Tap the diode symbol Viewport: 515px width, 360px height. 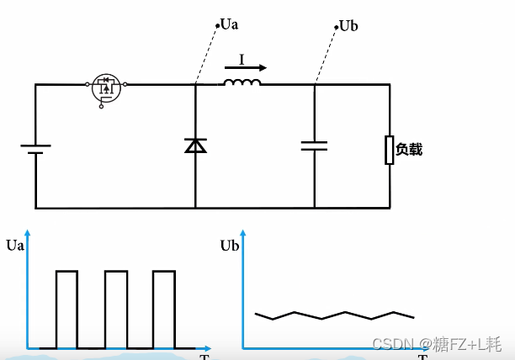point(195,146)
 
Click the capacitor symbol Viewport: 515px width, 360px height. point(315,146)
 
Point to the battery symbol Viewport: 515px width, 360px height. point(35,149)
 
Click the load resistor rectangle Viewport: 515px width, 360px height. point(389,150)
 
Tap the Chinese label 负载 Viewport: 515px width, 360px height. point(408,150)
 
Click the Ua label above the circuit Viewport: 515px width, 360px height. point(228,24)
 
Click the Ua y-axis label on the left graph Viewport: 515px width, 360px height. point(14,246)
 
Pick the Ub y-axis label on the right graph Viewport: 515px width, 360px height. point(230,246)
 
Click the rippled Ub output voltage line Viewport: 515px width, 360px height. point(335,316)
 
